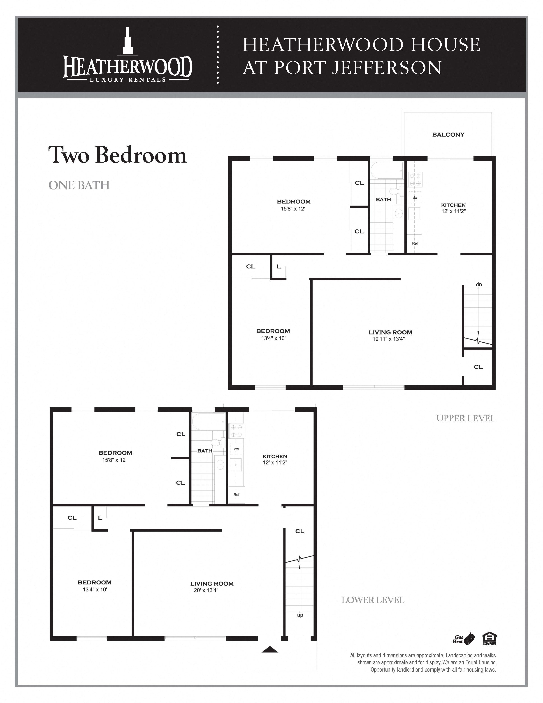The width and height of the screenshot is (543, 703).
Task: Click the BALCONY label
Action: tap(448, 135)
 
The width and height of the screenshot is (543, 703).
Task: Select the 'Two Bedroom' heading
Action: tap(117, 155)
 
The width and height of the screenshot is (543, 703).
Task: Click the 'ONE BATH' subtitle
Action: tap(79, 185)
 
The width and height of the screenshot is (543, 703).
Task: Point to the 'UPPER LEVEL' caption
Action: tap(466, 418)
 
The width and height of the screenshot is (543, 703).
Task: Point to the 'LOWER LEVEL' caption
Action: tap(373, 600)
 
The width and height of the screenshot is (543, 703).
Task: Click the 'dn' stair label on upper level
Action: tap(479, 284)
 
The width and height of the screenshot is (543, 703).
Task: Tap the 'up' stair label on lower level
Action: tap(300, 615)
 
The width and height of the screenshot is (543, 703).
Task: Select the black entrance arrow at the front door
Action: tap(269, 649)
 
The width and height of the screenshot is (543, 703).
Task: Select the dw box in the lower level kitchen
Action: tap(237, 449)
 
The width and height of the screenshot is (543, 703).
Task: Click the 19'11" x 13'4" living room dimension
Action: tap(389, 339)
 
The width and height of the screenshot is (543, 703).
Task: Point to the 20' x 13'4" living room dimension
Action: tap(206, 590)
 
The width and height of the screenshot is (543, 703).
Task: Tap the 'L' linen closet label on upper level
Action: tap(278, 266)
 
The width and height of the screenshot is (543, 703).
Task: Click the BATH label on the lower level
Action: tap(205, 451)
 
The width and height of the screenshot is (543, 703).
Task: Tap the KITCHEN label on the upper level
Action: tap(453, 205)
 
